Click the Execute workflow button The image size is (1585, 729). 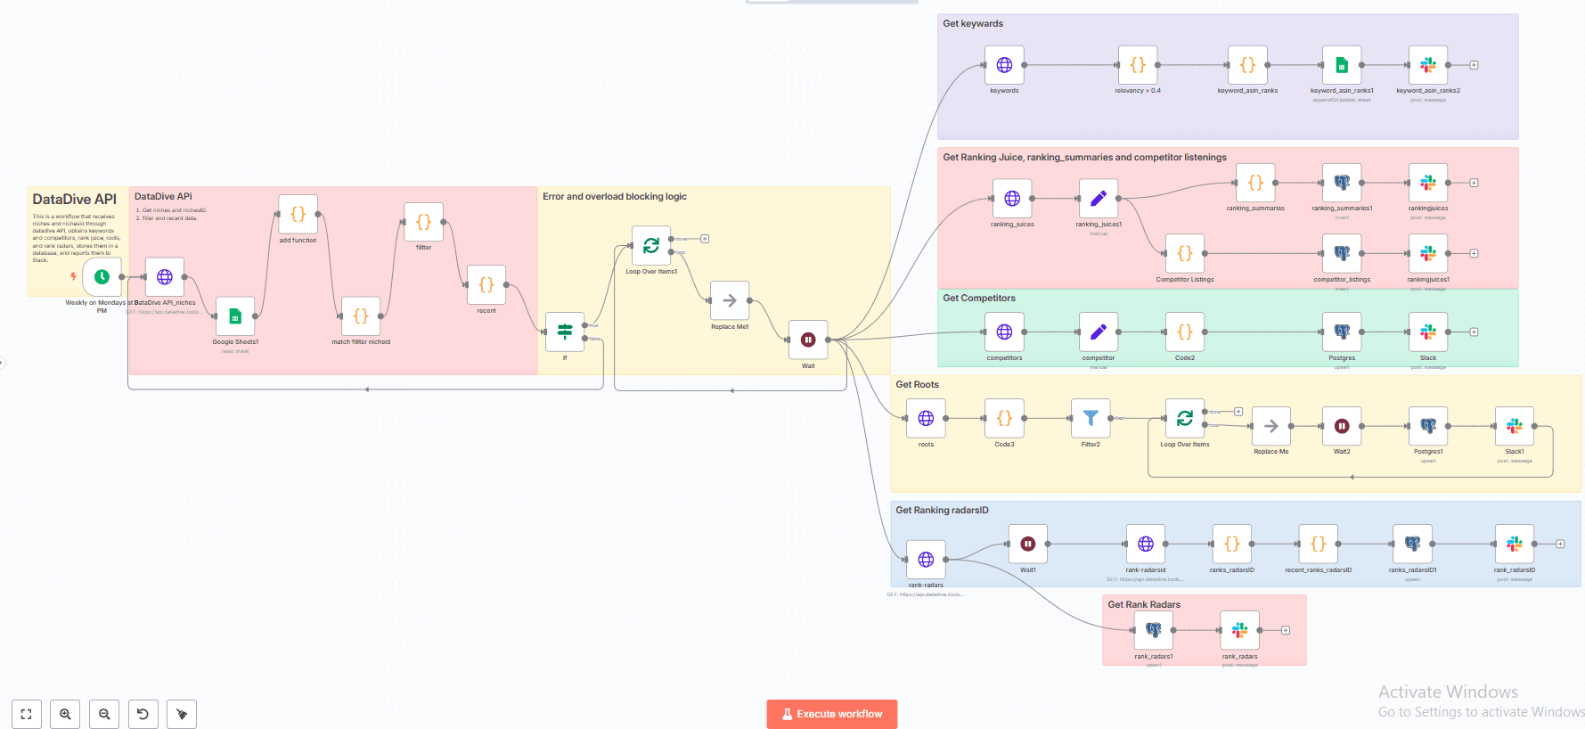pos(831,714)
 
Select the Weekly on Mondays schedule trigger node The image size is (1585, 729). pos(102,277)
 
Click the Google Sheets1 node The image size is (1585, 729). pos(235,316)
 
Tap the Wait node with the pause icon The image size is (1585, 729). pos(808,340)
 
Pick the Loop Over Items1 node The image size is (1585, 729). pos(651,245)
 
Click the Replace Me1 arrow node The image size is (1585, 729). pos(730,300)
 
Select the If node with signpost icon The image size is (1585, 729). pos(565,332)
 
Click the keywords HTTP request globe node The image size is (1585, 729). pos(1004,65)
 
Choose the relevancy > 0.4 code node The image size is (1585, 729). pos(1138,65)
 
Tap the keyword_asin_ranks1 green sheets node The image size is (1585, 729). pos(1342,65)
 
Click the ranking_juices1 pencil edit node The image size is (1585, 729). pos(1099,198)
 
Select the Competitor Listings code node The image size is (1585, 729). pos(1185,253)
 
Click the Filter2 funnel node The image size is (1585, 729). pos(1091,418)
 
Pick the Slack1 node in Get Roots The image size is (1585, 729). pos(1515,426)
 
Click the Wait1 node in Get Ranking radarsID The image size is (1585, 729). pos(1027,544)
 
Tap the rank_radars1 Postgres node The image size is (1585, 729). pos(1154,630)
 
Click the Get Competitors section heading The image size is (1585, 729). pos(978,299)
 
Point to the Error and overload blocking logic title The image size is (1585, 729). pos(615,197)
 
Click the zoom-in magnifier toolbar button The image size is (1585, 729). pos(65,714)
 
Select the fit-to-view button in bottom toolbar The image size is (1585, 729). pos(26,714)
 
